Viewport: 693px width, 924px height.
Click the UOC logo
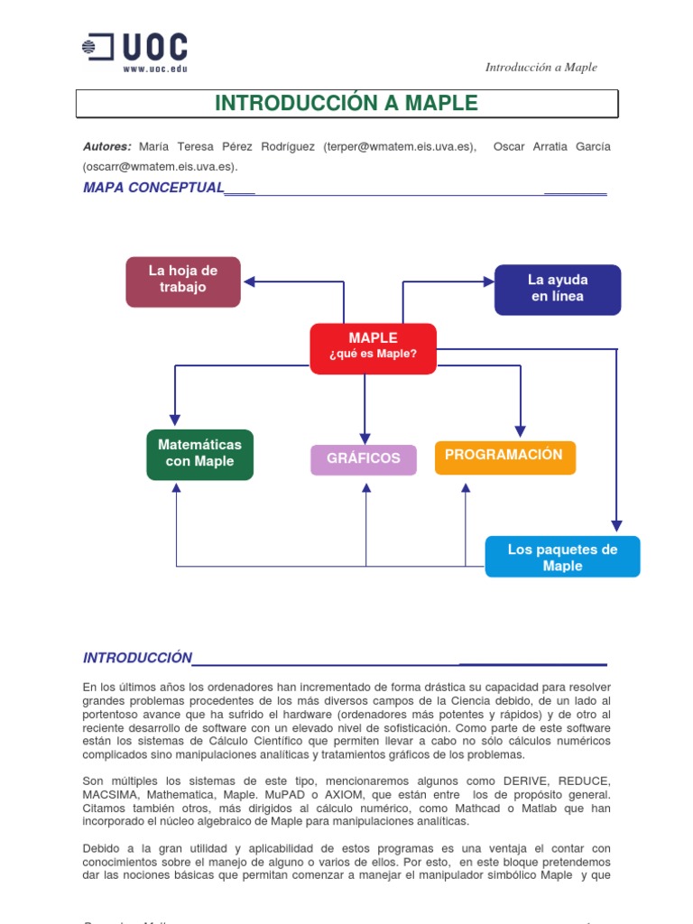(135, 47)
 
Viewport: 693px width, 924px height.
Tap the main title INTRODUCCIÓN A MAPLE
(346, 103)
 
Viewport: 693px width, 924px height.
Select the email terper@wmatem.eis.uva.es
(397, 146)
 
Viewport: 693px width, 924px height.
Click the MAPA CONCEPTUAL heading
(153, 188)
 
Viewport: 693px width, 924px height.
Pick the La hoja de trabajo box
(183, 280)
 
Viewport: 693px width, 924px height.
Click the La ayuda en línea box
(557, 289)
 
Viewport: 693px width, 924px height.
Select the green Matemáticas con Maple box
(199, 454)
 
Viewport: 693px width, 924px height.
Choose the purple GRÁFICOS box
(364, 459)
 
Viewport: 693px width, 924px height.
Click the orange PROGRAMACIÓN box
(504, 456)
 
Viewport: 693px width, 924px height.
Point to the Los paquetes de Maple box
(562, 558)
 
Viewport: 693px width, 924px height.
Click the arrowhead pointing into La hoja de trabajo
(250, 282)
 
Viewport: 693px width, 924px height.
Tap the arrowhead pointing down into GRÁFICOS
(365, 439)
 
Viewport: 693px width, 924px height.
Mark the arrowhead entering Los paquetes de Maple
(616, 526)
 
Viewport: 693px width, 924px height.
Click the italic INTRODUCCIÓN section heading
(138, 659)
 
